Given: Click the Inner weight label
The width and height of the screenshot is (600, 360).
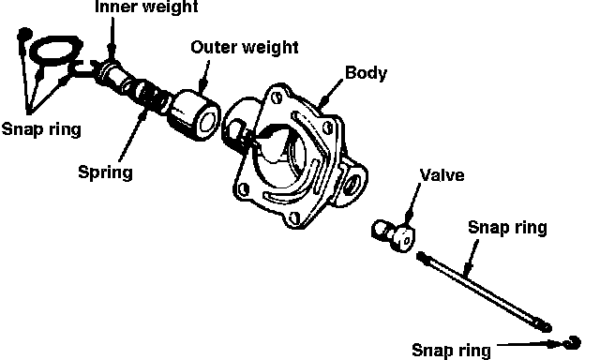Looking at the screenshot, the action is (146, 7).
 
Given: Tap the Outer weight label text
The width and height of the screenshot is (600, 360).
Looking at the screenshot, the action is (245, 48).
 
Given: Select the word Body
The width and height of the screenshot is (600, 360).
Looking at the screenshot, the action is (367, 73).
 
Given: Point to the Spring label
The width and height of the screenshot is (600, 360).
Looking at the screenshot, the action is (106, 172).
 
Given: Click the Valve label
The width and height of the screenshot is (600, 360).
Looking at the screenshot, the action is (442, 175).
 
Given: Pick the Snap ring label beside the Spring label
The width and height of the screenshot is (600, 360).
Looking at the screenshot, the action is (41, 129).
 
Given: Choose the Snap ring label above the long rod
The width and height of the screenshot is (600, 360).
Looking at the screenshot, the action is (507, 228).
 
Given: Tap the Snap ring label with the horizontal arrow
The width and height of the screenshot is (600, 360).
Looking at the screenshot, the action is (451, 350).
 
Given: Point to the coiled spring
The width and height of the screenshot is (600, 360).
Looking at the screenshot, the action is (147, 95).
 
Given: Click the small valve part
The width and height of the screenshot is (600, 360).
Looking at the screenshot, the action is (394, 234).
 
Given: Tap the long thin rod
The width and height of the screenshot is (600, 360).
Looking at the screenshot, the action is (484, 291).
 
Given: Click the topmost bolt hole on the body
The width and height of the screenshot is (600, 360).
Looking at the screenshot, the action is (277, 97).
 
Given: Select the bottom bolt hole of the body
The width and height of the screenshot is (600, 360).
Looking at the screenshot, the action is (293, 218).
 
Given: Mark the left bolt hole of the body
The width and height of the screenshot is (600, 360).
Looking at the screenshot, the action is (244, 188).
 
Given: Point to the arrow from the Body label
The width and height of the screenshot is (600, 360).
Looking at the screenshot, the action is (332, 93).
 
